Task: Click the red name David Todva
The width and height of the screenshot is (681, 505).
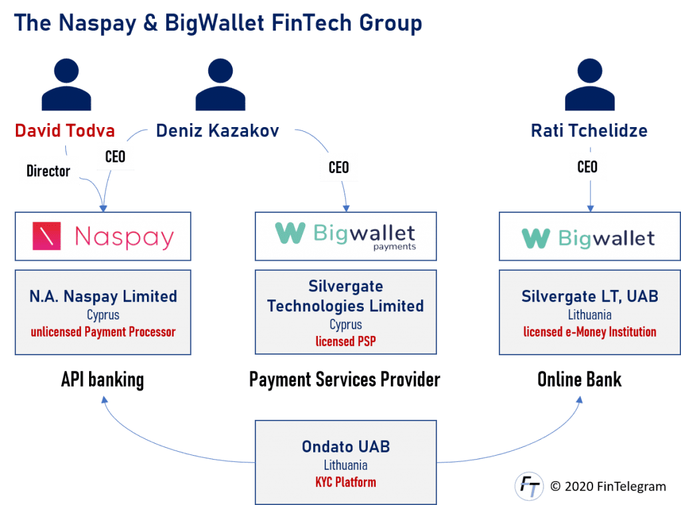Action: [x=65, y=130]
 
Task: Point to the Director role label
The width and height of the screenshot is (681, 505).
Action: [x=48, y=171]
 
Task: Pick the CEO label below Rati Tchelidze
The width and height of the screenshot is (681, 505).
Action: [x=587, y=166]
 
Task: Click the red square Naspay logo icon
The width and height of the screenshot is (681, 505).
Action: [x=47, y=237]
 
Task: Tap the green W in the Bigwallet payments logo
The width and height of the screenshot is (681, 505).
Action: [x=290, y=233]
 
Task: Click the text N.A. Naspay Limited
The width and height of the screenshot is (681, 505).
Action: [x=103, y=296]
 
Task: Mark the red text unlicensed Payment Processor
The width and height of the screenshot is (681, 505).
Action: [x=102, y=331]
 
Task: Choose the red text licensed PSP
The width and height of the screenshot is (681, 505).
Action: [x=345, y=342]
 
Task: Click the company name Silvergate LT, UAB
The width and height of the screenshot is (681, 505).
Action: [x=589, y=296]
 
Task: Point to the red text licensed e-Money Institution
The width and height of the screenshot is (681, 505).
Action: [x=589, y=331]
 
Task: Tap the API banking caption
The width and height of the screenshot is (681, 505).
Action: [x=102, y=380]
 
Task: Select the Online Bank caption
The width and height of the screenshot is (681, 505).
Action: [x=579, y=380]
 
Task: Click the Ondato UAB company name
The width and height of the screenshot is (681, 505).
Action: [x=345, y=446]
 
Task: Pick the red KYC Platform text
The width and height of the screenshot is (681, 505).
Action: [x=345, y=482]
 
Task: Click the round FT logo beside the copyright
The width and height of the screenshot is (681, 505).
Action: [x=529, y=486]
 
